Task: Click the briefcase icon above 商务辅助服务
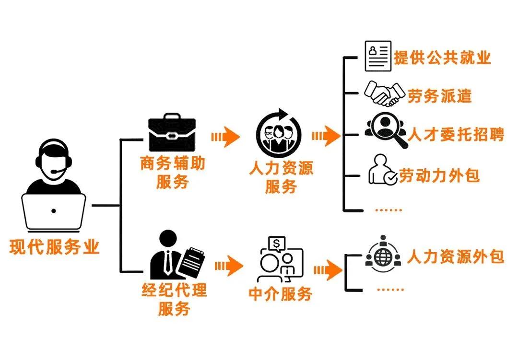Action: pyautogui.click(x=172, y=133)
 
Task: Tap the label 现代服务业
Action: pyautogui.click(x=54, y=247)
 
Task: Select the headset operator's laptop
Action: pyautogui.click(x=54, y=211)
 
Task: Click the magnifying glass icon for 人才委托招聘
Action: pyautogui.click(x=387, y=130)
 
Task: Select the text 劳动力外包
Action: pyautogui.click(x=439, y=175)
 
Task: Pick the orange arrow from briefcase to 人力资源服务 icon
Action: pyautogui.click(x=225, y=137)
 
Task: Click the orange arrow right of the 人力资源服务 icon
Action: pyautogui.click(x=326, y=137)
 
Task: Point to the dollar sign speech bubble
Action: pyautogui.click(x=276, y=244)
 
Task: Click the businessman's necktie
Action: pyautogui.click(x=168, y=263)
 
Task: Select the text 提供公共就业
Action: pyautogui.click(x=442, y=58)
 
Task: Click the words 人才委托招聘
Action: pyautogui.click(x=456, y=135)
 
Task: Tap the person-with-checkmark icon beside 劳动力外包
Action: pyautogui.click(x=382, y=170)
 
